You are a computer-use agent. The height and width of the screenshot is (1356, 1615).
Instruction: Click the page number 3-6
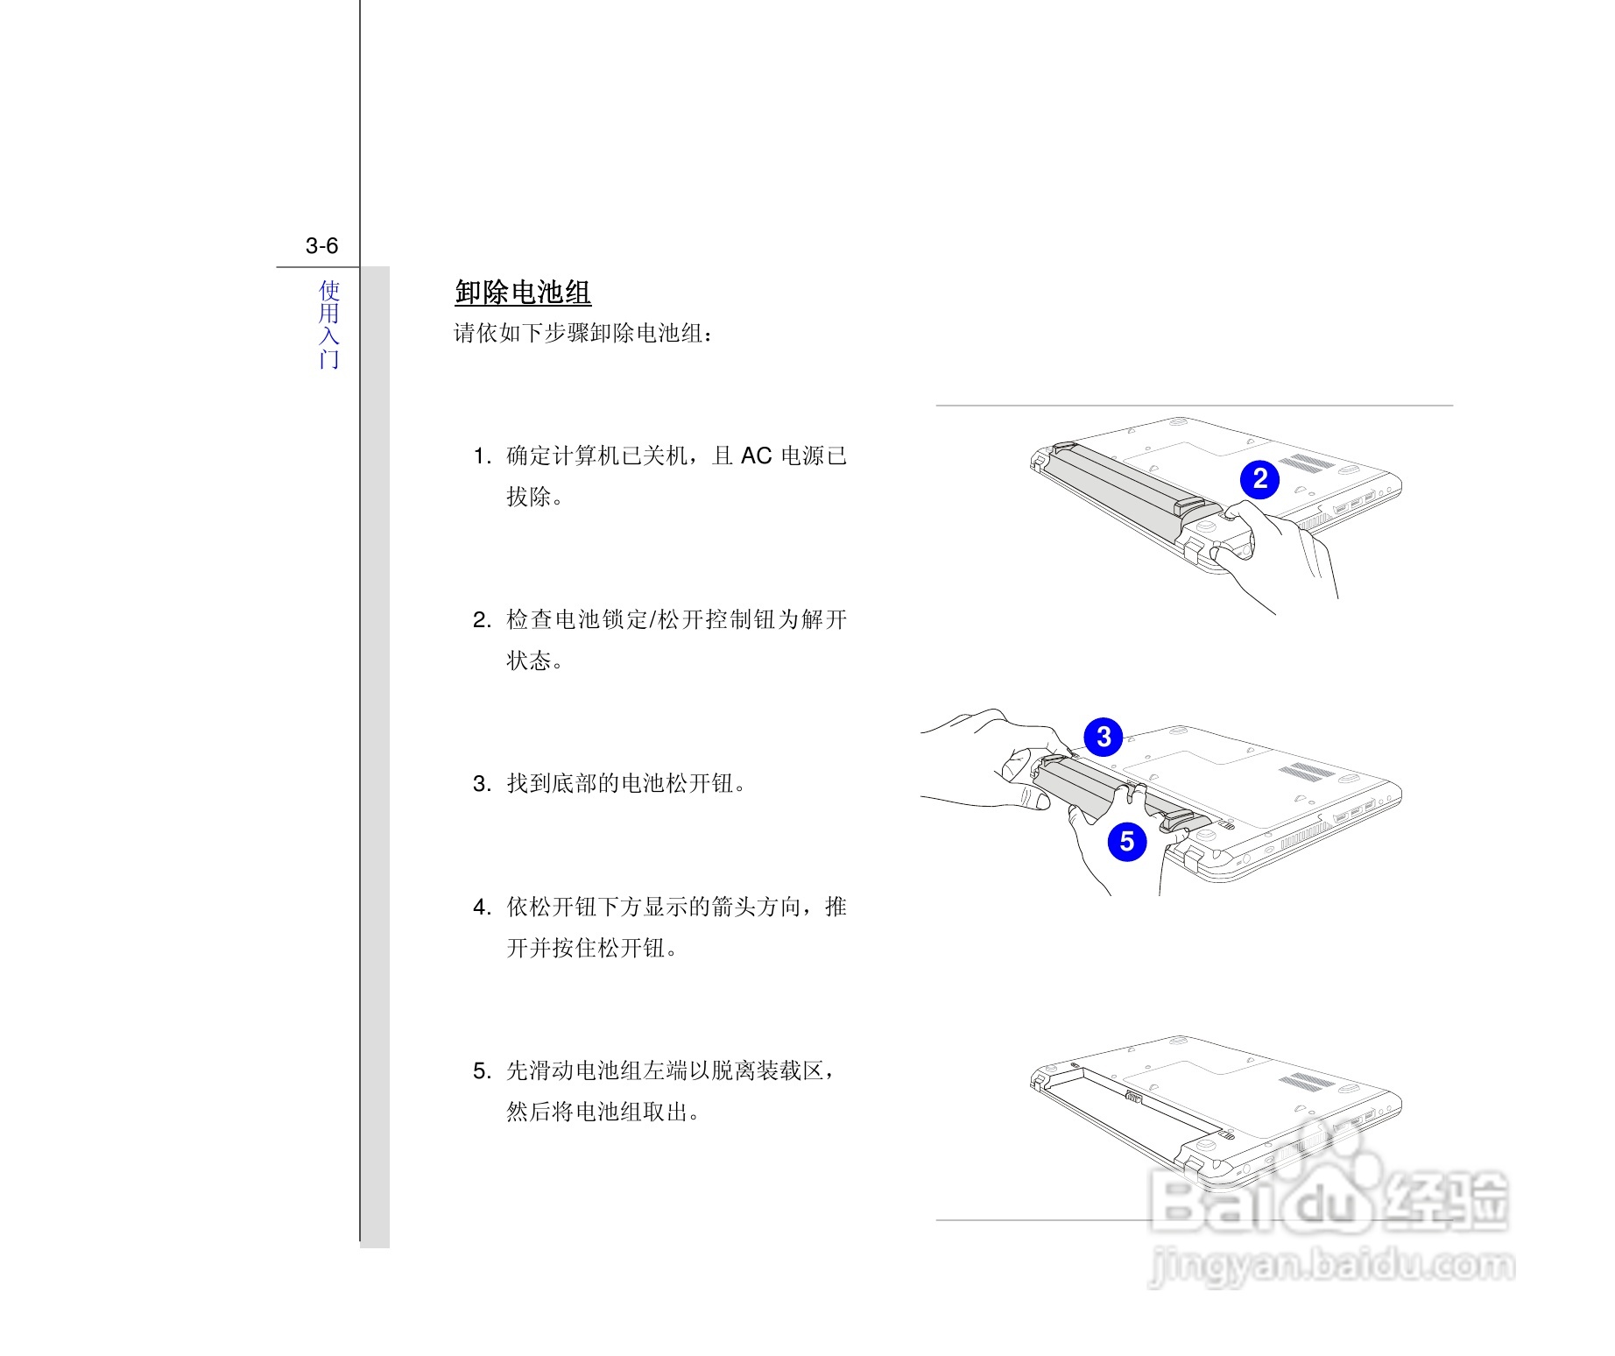click(321, 246)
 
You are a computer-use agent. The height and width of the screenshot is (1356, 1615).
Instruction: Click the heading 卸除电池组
click(523, 293)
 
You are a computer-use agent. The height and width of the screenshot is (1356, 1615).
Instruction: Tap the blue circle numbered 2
click(1259, 479)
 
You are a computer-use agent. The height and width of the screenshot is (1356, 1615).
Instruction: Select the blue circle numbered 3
click(1104, 737)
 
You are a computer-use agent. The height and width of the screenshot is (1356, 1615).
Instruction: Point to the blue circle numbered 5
click(1127, 842)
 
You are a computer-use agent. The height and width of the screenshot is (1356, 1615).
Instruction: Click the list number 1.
click(481, 456)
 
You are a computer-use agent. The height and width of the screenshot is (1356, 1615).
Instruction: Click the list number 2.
click(481, 620)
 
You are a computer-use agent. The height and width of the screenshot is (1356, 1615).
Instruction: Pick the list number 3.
click(481, 784)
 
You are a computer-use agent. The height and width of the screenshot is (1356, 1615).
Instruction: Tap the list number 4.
click(481, 908)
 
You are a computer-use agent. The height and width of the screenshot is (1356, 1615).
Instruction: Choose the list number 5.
click(481, 1071)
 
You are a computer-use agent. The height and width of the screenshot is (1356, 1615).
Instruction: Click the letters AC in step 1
click(756, 456)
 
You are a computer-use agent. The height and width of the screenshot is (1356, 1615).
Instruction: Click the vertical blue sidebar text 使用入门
click(328, 324)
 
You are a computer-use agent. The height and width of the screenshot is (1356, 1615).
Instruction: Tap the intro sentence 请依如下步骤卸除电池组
click(583, 334)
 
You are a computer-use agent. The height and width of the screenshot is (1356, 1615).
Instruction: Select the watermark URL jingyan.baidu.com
click(1331, 1266)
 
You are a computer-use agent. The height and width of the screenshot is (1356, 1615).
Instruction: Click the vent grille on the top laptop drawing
click(1308, 463)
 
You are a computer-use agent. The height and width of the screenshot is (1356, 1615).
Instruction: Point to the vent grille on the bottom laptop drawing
click(1308, 1082)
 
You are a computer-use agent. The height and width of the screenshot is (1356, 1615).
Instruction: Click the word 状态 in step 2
click(530, 661)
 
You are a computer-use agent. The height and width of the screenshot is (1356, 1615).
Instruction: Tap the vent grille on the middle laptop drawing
click(1308, 773)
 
